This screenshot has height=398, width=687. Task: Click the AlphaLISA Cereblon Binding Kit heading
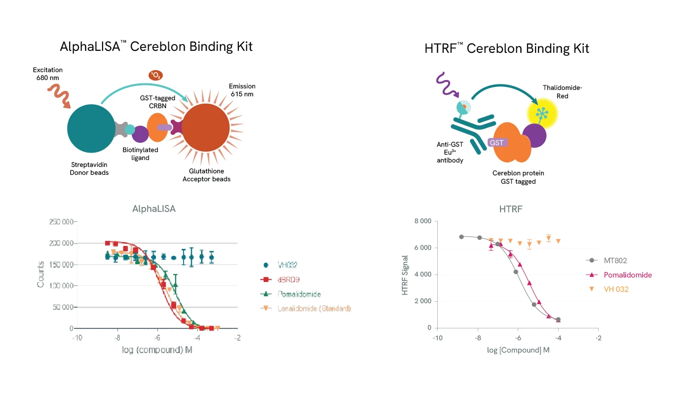click(x=156, y=46)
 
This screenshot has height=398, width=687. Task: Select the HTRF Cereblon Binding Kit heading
click(x=506, y=48)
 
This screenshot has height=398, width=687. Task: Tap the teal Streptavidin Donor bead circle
click(x=91, y=129)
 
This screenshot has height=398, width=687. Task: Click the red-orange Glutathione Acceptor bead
click(x=205, y=128)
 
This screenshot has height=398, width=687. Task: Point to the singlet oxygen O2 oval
click(x=155, y=76)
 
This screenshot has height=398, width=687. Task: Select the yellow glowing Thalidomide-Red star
click(x=541, y=113)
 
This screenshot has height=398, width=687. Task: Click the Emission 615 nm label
click(x=242, y=90)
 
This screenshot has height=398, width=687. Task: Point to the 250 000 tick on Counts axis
click(x=62, y=222)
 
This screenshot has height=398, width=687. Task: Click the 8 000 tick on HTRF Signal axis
click(x=422, y=221)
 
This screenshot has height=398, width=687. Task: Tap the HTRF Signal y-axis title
click(x=405, y=275)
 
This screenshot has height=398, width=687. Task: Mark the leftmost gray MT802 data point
click(x=461, y=237)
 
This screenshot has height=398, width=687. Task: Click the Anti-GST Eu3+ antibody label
click(x=450, y=153)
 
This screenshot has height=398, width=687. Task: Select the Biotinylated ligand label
click(x=140, y=154)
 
